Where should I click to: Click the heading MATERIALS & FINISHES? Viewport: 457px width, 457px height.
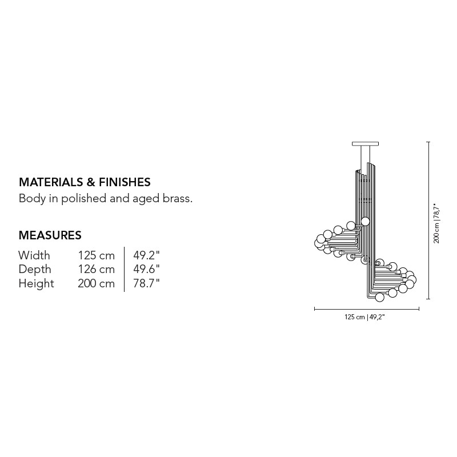85,182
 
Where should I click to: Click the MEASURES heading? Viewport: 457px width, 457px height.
50,235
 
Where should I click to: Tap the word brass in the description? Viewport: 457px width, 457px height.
178,198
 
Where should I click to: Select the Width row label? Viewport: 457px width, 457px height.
34,255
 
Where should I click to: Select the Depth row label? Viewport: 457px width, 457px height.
35,270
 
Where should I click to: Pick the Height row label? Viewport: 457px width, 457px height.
36,283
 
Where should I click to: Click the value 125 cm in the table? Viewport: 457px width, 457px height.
96,255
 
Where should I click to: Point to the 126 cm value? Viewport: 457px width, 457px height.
96,269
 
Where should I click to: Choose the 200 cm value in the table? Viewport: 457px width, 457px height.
96,283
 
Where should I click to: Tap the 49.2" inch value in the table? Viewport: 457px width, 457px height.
146,255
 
